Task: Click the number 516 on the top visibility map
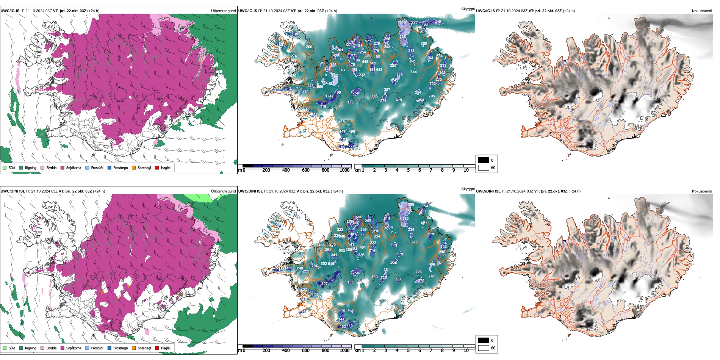403,22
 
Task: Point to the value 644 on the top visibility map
413,72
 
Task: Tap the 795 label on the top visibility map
432,96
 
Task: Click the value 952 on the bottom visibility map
342,250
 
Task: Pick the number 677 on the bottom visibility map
415,242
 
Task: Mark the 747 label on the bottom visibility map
432,276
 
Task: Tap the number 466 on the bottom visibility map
321,245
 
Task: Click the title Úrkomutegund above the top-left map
223,11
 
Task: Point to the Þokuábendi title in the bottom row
702,191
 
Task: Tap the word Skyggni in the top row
468,9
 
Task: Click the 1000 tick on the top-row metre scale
344,170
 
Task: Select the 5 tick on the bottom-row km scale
409,351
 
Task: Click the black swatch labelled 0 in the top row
484,160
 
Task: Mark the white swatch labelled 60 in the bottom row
484,348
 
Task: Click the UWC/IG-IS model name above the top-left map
10,11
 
